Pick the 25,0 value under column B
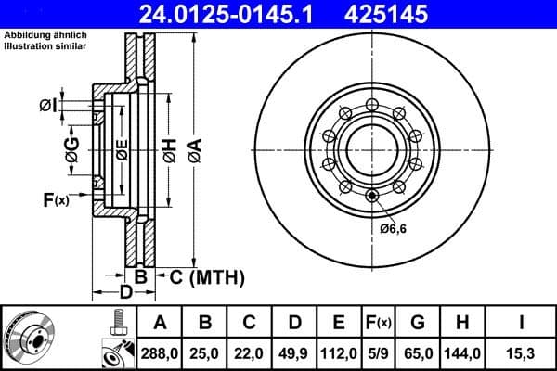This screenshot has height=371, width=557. pyautogui.click(x=204, y=353)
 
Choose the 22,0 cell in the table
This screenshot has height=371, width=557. pyautogui.click(x=249, y=353)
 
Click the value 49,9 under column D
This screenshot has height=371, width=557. pyautogui.click(x=293, y=353)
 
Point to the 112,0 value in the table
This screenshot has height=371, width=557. pyautogui.click(x=339, y=353)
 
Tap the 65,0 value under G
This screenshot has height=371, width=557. pyautogui.click(x=420, y=353)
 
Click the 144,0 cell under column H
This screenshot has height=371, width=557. pyautogui.click(x=466, y=353)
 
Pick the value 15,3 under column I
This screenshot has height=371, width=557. pyautogui.click(x=522, y=353)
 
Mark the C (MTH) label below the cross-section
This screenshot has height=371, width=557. pyautogui.click(x=199, y=276)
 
